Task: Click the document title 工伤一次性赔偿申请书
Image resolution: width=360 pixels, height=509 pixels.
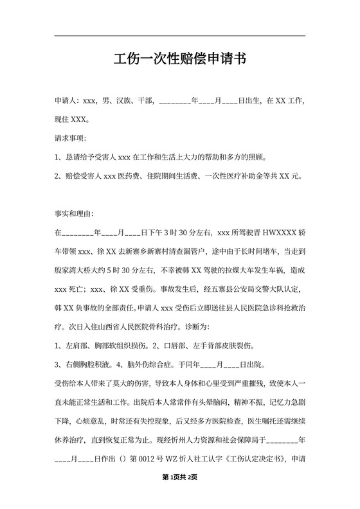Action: click(179, 60)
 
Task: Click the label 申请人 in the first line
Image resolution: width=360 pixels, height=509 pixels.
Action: click(66, 101)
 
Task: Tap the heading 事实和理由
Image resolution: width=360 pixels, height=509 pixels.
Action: click(75, 213)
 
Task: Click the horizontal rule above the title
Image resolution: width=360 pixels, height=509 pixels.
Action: click(179, 36)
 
